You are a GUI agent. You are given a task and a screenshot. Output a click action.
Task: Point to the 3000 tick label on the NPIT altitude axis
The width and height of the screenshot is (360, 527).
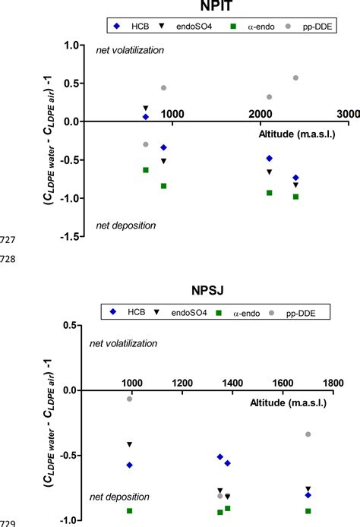pos(347,113)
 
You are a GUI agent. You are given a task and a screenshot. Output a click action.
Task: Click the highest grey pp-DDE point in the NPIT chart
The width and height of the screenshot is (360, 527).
pos(295,78)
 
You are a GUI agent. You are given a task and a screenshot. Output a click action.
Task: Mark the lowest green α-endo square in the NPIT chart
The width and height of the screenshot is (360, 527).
pos(295,197)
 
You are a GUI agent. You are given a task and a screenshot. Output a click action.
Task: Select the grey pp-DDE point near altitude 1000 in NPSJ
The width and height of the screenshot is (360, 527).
pos(129,399)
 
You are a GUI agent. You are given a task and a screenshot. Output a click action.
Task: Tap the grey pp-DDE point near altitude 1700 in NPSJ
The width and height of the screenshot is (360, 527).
pos(308,434)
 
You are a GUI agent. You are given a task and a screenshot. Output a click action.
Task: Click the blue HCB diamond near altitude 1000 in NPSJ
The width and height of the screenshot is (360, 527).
pos(129,465)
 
